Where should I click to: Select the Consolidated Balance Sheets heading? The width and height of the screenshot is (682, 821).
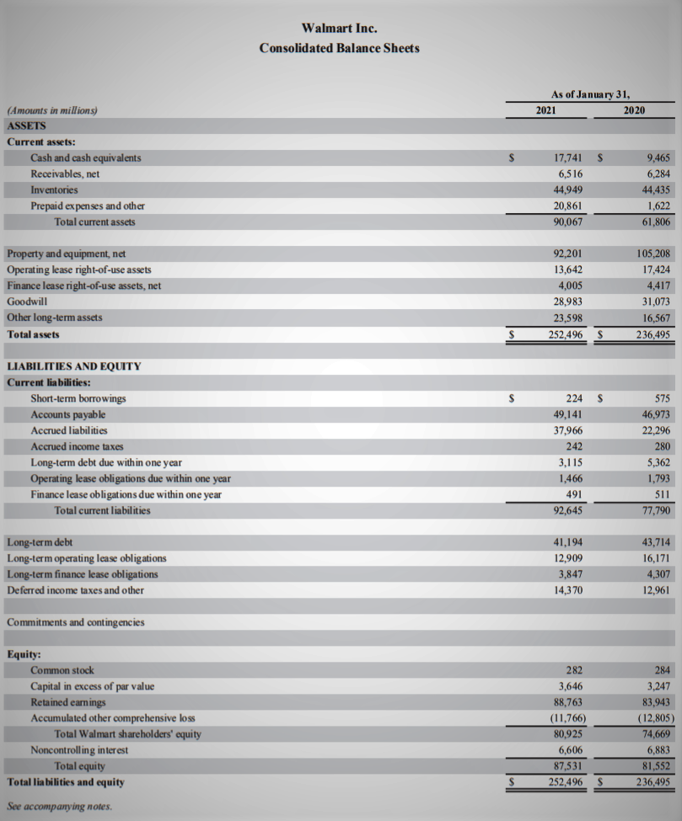point(339,48)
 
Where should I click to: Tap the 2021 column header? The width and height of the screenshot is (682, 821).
point(545,110)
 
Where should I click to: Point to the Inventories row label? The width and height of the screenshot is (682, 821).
point(54,189)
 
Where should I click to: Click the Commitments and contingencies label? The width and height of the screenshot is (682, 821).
point(75,622)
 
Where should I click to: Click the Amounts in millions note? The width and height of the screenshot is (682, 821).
point(52,110)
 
